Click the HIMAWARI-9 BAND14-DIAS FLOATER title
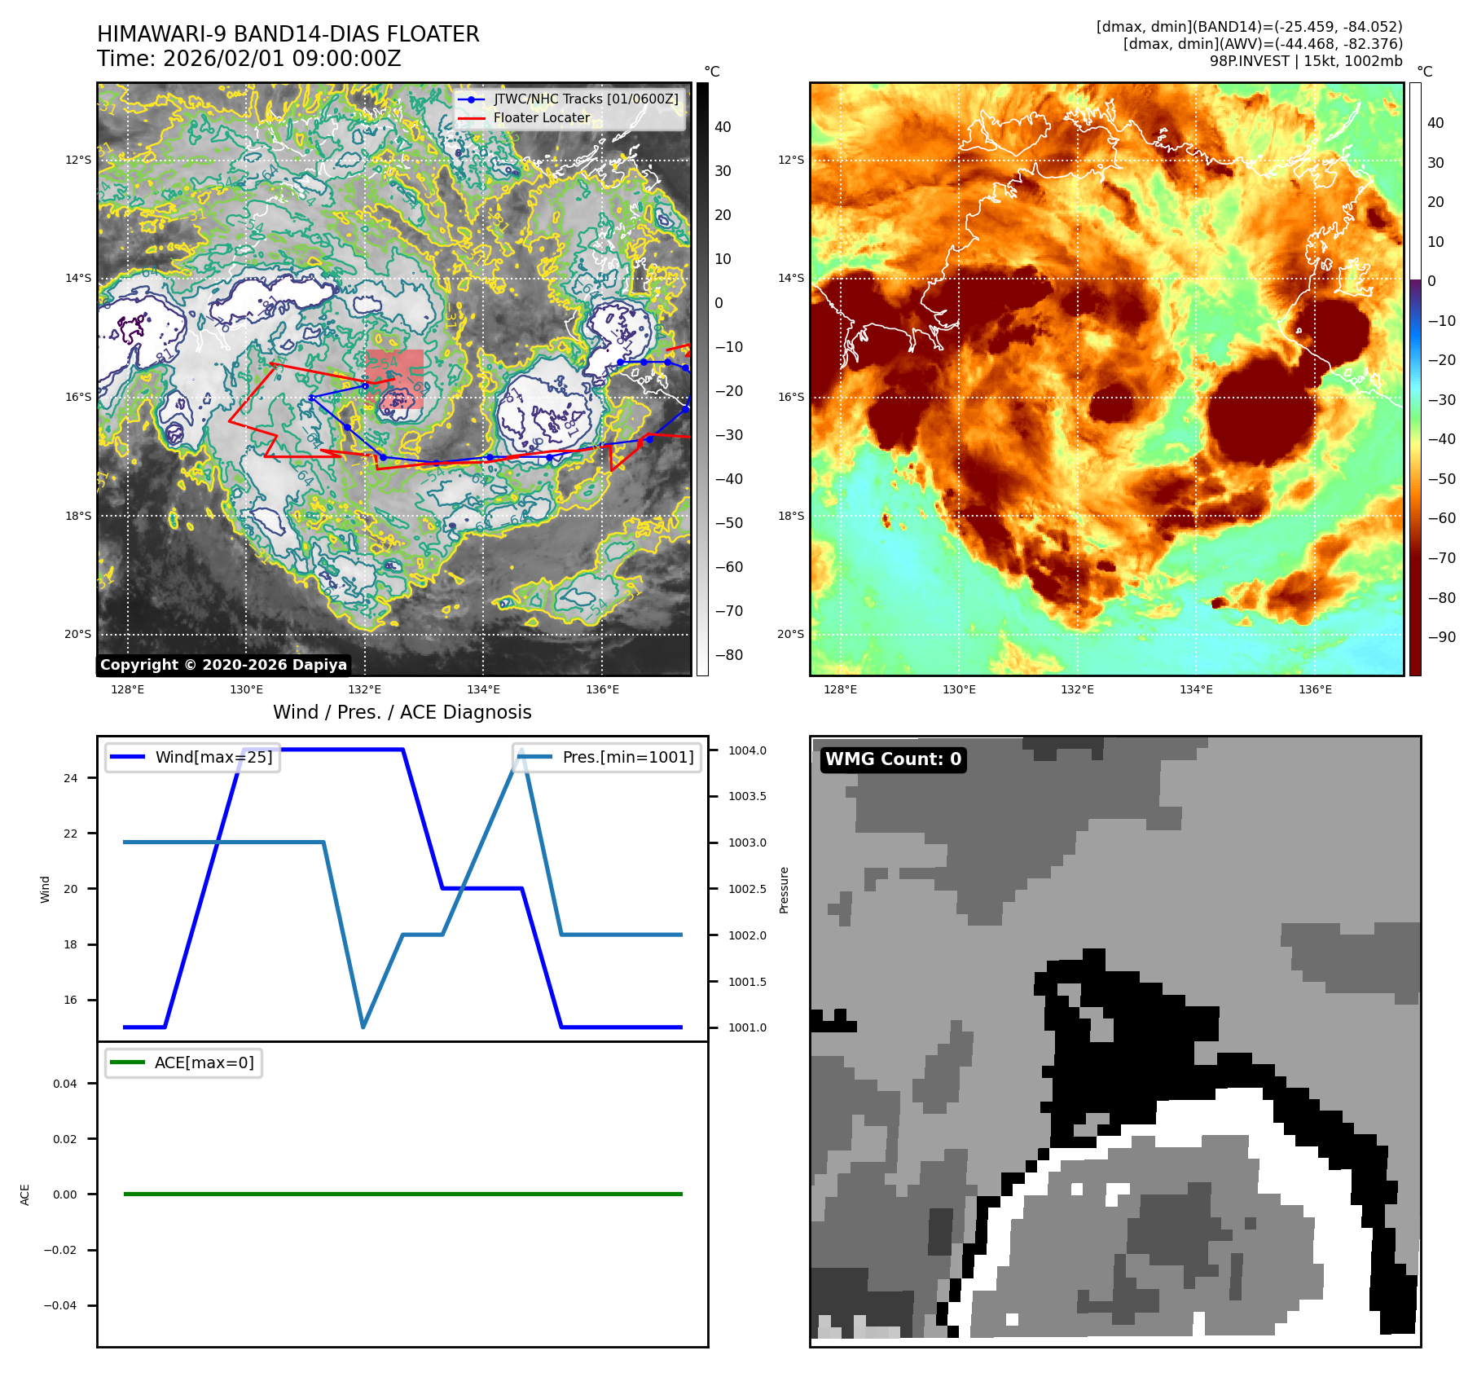click(x=288, y=34)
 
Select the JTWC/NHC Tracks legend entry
click(x=585, y=99)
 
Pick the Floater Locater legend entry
click(x=541, y=117)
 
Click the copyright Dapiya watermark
click(x=224, y=665)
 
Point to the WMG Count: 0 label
click(x=893, y=759)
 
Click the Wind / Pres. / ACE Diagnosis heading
click(x=402, y=712)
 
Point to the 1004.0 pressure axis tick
click(x=747, y=750)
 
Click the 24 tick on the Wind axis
click(x=71, y=778)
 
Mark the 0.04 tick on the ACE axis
click(x=65, y=1084)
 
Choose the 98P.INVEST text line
click(x=1306, y=61)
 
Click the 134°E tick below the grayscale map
click(x=483, y=689)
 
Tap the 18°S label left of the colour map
click(x=790, y=516)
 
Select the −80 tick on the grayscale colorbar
click(x=729, y=654)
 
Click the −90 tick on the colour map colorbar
click(x=1441, y=637)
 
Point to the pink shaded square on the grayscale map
click(x=394, y=378)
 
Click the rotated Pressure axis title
click(x=784, y=890)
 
